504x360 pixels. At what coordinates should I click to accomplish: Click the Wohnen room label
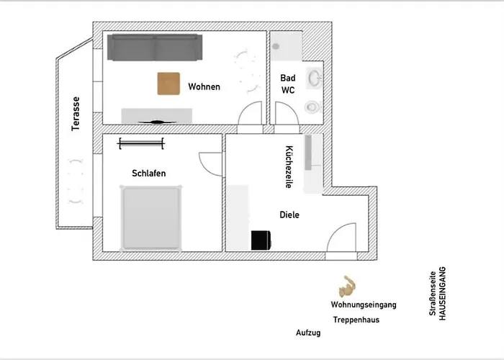click(204, 86)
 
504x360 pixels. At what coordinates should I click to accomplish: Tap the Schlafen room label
click(149, 174)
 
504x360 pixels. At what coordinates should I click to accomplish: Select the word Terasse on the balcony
click(75, 114)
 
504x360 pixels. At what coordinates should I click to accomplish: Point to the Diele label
click(289, 215)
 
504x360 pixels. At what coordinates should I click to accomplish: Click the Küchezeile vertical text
click(289, 167)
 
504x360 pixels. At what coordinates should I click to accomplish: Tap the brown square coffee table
click(169, 84)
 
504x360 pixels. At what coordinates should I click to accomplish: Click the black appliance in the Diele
click(259, 240)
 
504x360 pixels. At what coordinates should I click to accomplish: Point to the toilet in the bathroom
click(312, 107)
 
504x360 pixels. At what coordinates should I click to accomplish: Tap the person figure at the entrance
click(349, 286)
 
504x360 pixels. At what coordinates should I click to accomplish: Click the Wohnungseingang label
click(363, 305)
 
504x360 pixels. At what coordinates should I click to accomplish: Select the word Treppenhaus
click(356, 320)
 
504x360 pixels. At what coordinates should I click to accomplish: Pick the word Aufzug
click(307, 333)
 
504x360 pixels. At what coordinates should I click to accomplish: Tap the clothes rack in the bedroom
click(142, 143)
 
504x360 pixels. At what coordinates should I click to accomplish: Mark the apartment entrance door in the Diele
click(342, 238)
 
